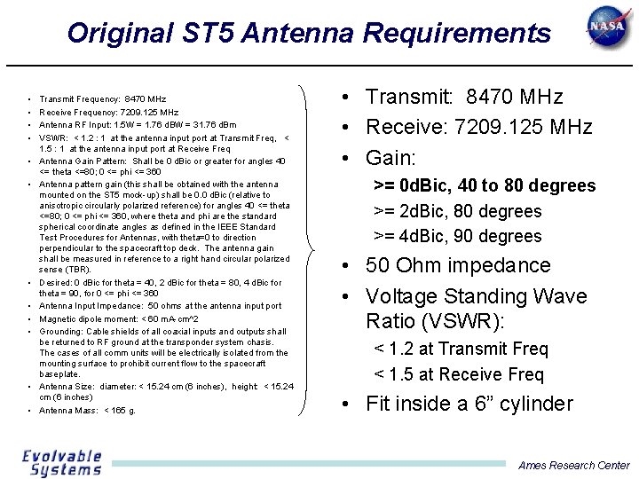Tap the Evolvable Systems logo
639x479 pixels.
(x=62, y=463)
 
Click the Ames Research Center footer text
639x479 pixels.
(x=573, y=465)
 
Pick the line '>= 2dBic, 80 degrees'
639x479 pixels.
(x=457, y=211)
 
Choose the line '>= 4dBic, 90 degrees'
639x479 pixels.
(x=457, y=236)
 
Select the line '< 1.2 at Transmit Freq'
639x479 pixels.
(x=461, y=349)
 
